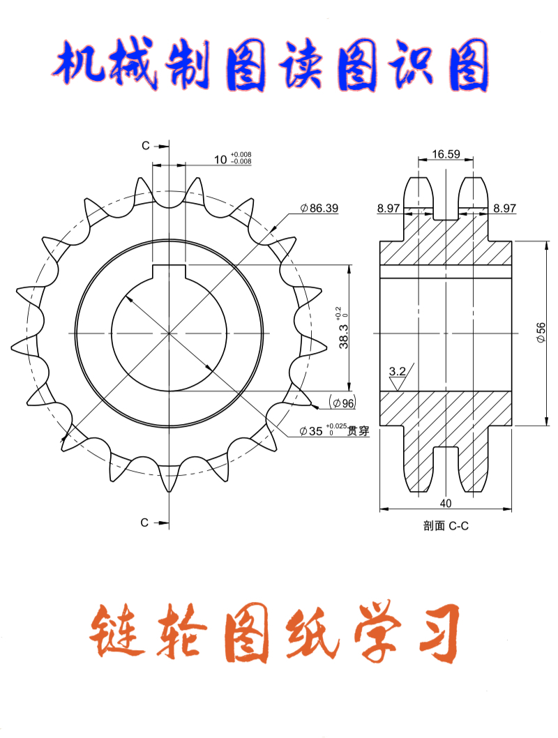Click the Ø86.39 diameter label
319,208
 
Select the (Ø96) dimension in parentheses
342,403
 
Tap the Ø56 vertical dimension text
541,332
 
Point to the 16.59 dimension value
445,154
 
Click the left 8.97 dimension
389,208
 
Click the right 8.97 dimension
504,208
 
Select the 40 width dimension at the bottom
446,502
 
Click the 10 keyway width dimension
220,160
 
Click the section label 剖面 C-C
446,527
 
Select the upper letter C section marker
145,146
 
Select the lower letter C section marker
145,522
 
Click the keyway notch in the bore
169,272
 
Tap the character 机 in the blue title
78,68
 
